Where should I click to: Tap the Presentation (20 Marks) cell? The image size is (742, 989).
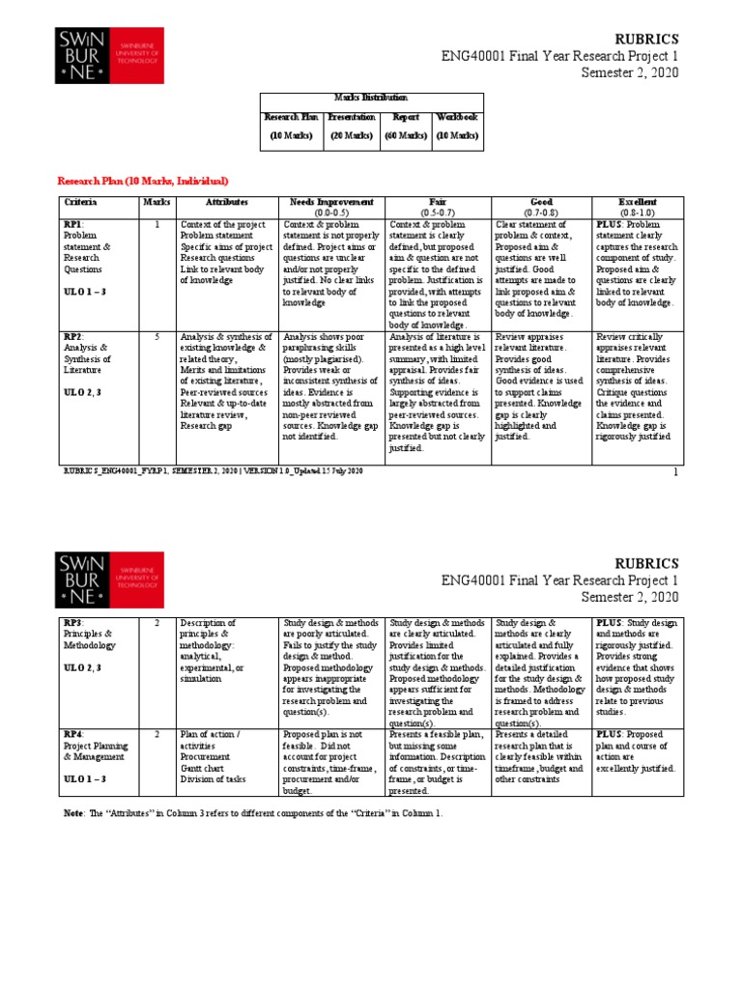coord(351,127)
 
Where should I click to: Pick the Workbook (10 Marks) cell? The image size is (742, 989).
coord(456,127)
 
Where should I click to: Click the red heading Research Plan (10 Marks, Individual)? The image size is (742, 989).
coord(143,182)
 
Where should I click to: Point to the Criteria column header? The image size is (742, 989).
coord(81,203)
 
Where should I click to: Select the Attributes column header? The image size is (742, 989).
coord(226,203)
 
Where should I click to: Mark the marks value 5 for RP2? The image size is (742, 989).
coord(157,338)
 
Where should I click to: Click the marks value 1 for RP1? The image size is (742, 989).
coord(157,223)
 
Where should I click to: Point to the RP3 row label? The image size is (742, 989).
coord(73,623)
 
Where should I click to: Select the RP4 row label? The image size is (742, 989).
coord(73,735)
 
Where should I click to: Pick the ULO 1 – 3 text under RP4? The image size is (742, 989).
coord(86,778)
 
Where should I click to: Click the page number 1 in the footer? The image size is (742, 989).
coord(676,472)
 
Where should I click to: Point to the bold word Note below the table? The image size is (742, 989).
coord(73,813)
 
